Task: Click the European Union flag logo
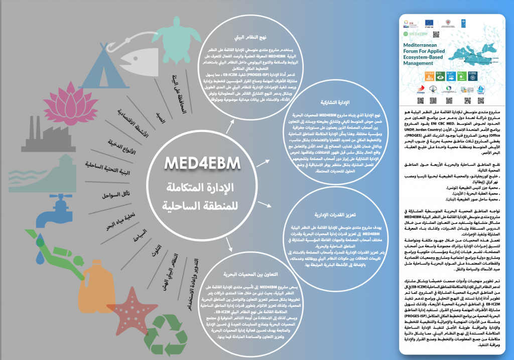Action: (x=430, y=23)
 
